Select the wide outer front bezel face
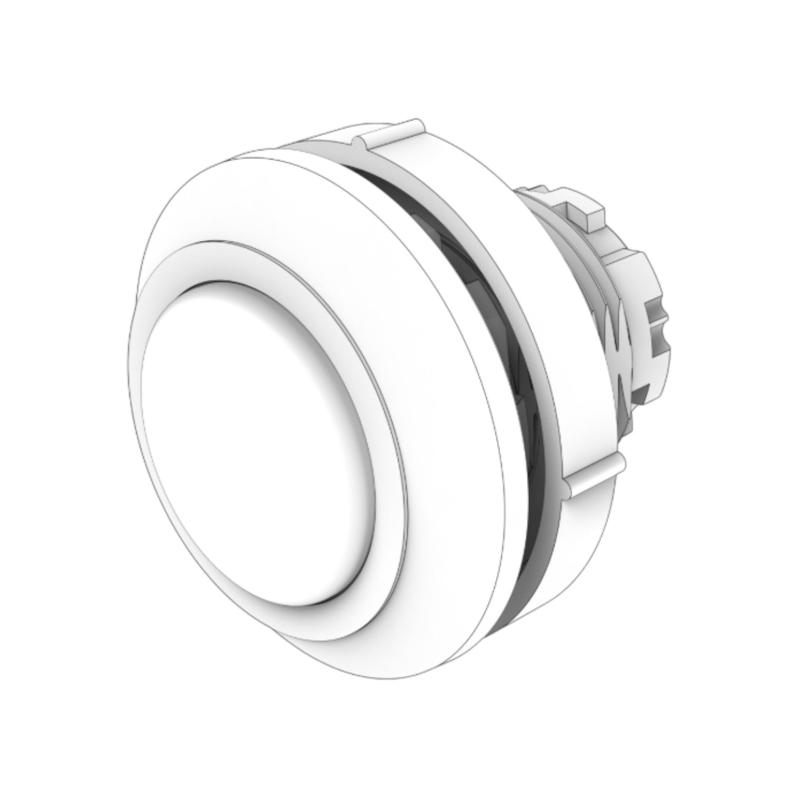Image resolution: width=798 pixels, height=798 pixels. [x=420, y=287]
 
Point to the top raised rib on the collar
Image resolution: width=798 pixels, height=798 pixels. [x=389, y=133]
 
